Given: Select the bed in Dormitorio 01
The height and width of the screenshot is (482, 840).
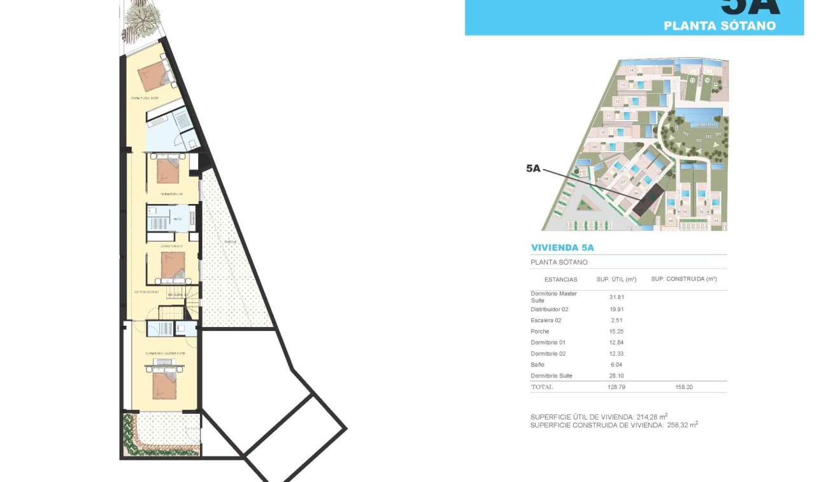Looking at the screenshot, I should [x=173, y=265].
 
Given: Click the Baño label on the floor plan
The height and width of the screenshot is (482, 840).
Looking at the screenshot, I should [x=177, y=219].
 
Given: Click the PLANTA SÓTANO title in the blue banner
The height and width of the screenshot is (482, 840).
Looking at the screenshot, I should [x=720, y=26].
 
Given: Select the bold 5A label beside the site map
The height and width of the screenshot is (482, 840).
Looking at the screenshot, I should [x=533, y=168].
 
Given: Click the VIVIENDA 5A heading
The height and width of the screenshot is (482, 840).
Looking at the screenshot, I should [x=562, y=247].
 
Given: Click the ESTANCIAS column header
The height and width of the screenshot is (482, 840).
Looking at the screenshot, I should [x=561, y=279].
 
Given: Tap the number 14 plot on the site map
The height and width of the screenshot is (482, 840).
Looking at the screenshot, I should [x=631, y=69].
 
